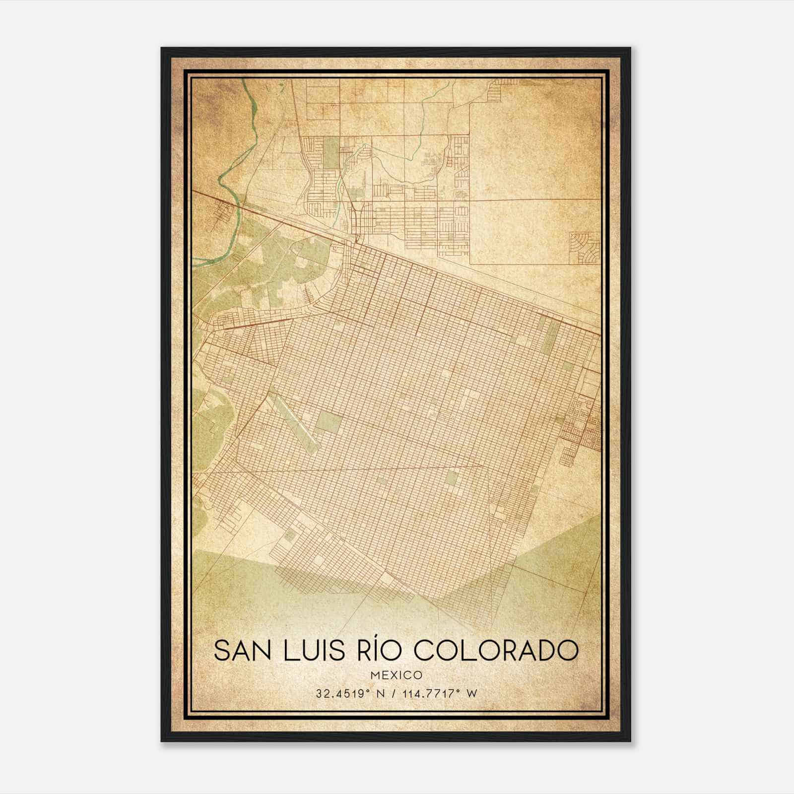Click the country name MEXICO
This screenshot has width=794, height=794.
[397, 675]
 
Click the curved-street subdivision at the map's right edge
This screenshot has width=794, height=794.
[585, 247]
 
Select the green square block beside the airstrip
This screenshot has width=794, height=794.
[330, 421]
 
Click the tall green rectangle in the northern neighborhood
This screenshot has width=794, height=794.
[330, 152]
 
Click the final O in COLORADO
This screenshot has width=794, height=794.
[568, 651]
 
